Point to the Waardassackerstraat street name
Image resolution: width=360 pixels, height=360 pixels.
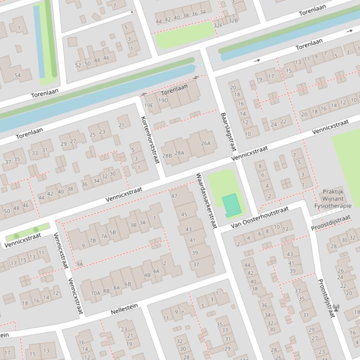tap(206, 201)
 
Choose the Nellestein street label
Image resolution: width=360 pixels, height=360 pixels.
tap(124, 309)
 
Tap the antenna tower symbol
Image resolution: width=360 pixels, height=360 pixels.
tap(336, 308)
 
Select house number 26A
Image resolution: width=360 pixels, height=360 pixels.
tap(206, 144)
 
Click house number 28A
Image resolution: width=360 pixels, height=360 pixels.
tap(180, 153)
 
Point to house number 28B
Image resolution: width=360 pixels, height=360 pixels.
tap(167, 156)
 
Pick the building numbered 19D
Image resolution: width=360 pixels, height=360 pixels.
tap(163, 101)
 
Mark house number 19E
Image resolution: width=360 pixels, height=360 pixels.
tap(149, 106)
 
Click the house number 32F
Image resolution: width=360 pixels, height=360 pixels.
tap(218, 26)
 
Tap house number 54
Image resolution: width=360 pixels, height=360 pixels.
tap(17, 75)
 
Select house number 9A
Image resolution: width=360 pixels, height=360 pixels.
tap(79, 264)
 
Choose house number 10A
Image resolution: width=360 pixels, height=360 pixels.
tap(95, 294)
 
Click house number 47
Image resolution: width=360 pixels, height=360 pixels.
tap(174, 196)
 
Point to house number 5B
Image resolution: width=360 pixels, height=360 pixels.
tap(112, 232)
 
